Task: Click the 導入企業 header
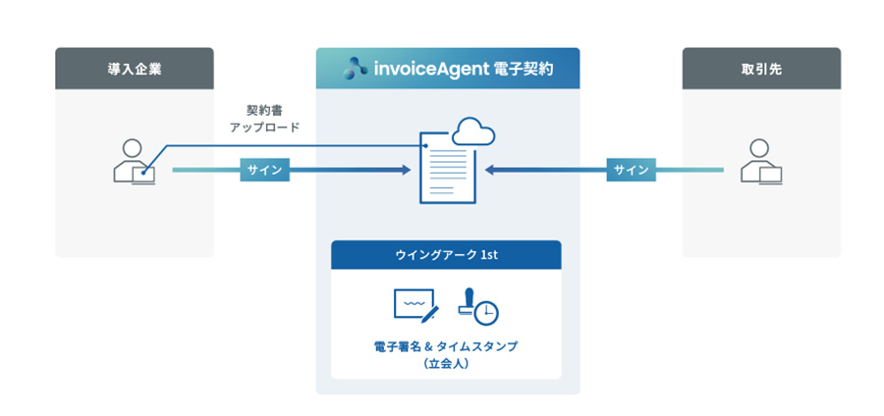[134, 69]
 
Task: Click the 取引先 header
[761, 69]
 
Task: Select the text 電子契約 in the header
[524, 70]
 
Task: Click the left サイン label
[264, 170]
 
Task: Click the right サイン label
[632, 170]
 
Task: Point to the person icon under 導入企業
[134, 162]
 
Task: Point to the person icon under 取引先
[761, 162]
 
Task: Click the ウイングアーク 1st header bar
[446, 255]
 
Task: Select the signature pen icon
[415, 305]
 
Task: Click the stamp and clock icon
[477, 306]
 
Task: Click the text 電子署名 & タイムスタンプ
[446, 346]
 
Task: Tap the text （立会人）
[446, 363]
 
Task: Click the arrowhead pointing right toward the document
[405, 170]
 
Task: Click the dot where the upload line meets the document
[425, 146]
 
